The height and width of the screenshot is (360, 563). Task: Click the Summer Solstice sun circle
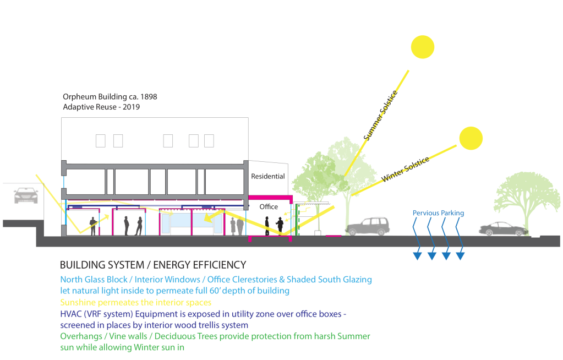click(422, 47)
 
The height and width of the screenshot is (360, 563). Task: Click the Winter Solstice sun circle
click(471, 138)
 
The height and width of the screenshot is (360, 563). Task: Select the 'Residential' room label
click(268, 177)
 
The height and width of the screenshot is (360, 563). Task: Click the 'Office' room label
click(269, 207)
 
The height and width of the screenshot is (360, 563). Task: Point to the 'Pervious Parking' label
click(439, 213)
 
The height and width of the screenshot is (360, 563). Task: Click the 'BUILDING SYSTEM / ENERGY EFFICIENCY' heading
click(153, 265)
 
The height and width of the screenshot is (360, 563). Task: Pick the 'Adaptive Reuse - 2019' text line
click(102, 107)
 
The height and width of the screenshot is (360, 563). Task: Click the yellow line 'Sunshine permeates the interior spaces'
click(136, 302)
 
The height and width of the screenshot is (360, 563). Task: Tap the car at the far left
click(25, 195)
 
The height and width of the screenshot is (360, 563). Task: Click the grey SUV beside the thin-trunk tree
click(368, 226)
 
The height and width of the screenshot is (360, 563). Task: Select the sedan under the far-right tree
click(503, 229)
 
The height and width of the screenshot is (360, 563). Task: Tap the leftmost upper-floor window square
click(101, 141)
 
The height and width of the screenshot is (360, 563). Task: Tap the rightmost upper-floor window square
click(209, 141)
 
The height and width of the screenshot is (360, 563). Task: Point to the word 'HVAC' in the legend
click(71, 314)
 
